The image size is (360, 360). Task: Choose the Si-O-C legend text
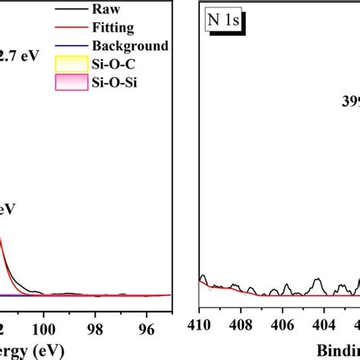pyautogui.click(x=110, y=65)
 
